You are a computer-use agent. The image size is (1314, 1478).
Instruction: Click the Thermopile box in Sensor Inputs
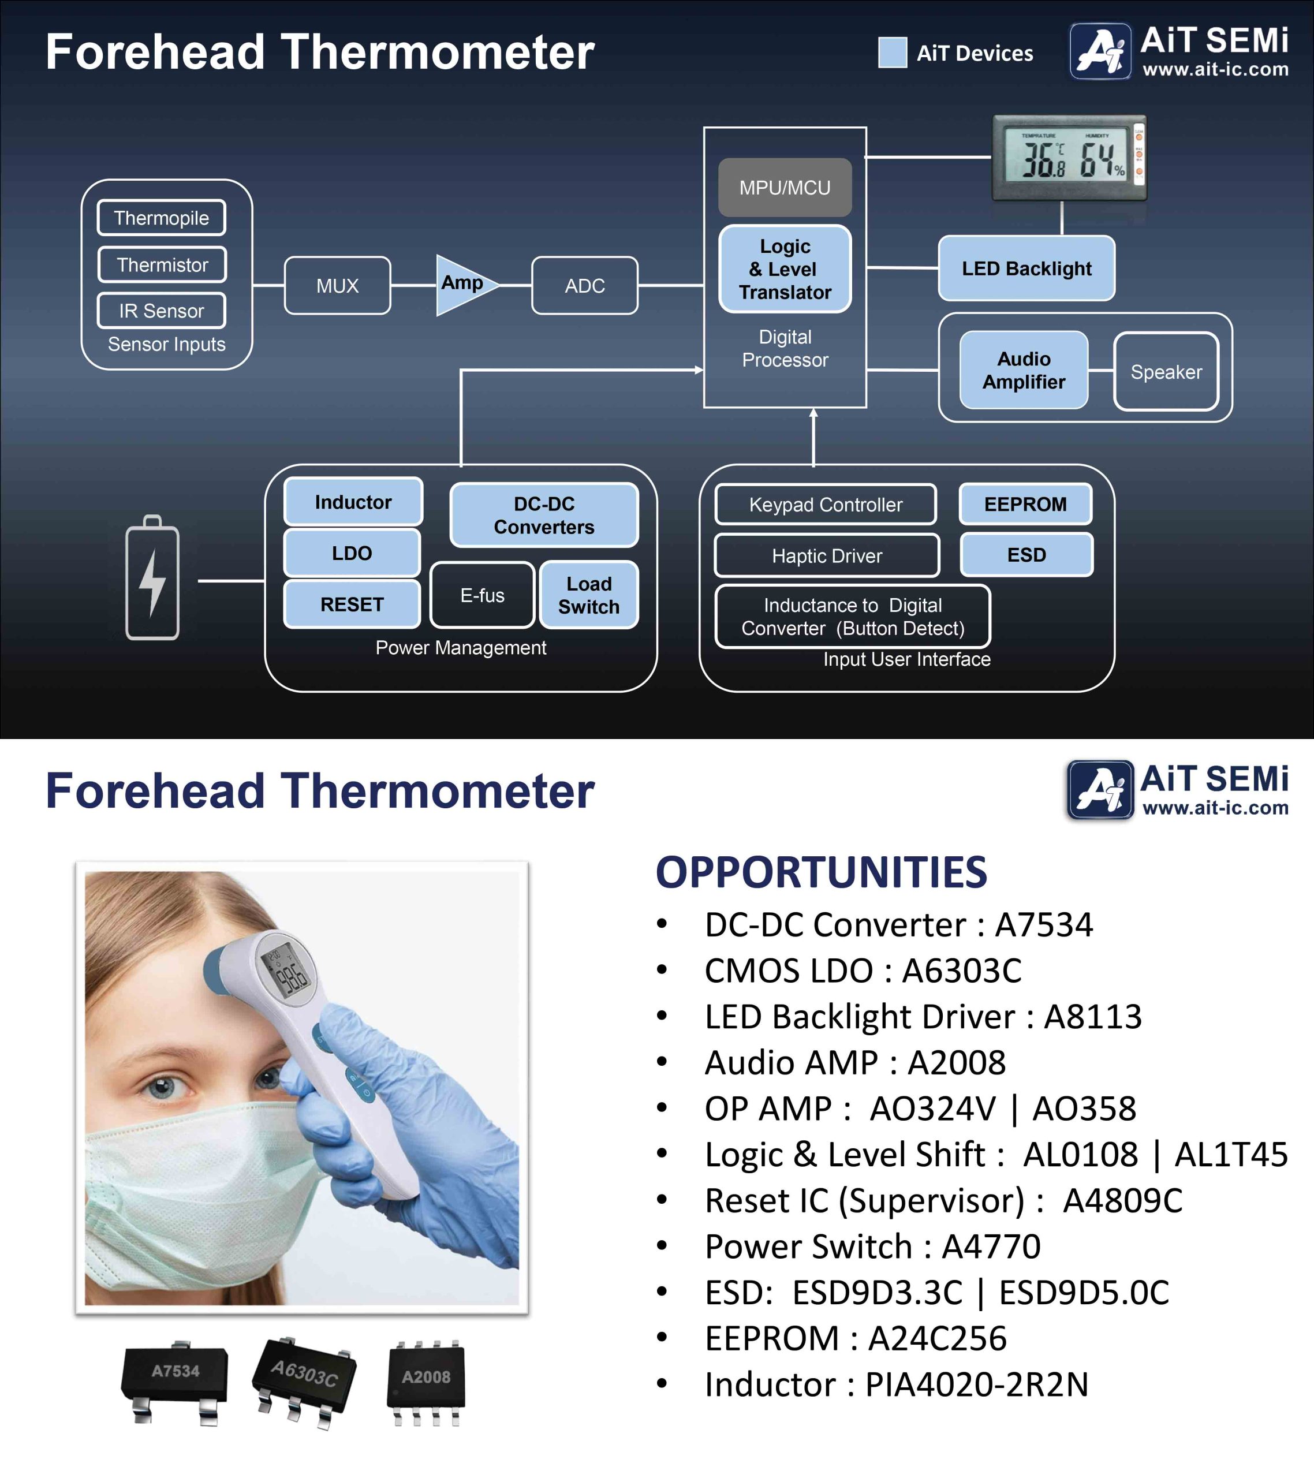161,218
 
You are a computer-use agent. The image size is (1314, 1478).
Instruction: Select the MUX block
338,286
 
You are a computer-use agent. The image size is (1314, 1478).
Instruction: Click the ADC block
585,286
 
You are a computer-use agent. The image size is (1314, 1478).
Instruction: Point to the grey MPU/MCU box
785,187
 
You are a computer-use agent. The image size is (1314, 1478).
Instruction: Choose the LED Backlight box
1026,268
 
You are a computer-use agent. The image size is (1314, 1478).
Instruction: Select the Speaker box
1166,372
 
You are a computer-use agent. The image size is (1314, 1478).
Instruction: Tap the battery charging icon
152,578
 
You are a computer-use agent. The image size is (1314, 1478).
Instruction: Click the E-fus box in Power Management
482,595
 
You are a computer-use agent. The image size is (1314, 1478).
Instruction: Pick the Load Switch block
589,595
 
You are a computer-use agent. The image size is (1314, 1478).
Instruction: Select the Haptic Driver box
827,555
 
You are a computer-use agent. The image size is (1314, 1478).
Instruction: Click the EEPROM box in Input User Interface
1025,504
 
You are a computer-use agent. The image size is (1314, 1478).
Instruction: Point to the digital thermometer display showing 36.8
1069,158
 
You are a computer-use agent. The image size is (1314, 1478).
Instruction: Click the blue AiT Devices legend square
893,53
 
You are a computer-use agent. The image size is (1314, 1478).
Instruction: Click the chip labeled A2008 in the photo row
426,1383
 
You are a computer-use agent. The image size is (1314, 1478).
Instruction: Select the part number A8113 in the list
1093,1017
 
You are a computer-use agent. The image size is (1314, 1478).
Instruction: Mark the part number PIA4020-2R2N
977,1384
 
